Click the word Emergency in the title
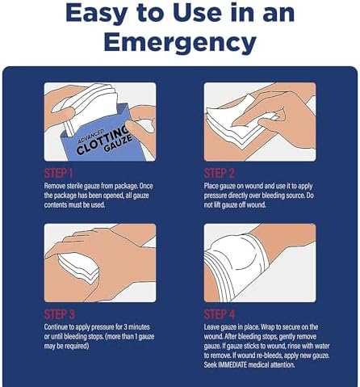click(180, 42)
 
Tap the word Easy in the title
click(96, 14)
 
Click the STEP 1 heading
click(58, 174)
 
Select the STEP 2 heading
click(219, 174)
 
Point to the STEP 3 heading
click(60, 314)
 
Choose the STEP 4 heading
click(220, 314)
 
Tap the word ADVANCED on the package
click(90, 137)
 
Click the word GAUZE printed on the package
click(118, 143)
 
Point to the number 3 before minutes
click(126, 327)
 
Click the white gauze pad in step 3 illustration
click(78, 268)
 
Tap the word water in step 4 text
click(322, 346)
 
